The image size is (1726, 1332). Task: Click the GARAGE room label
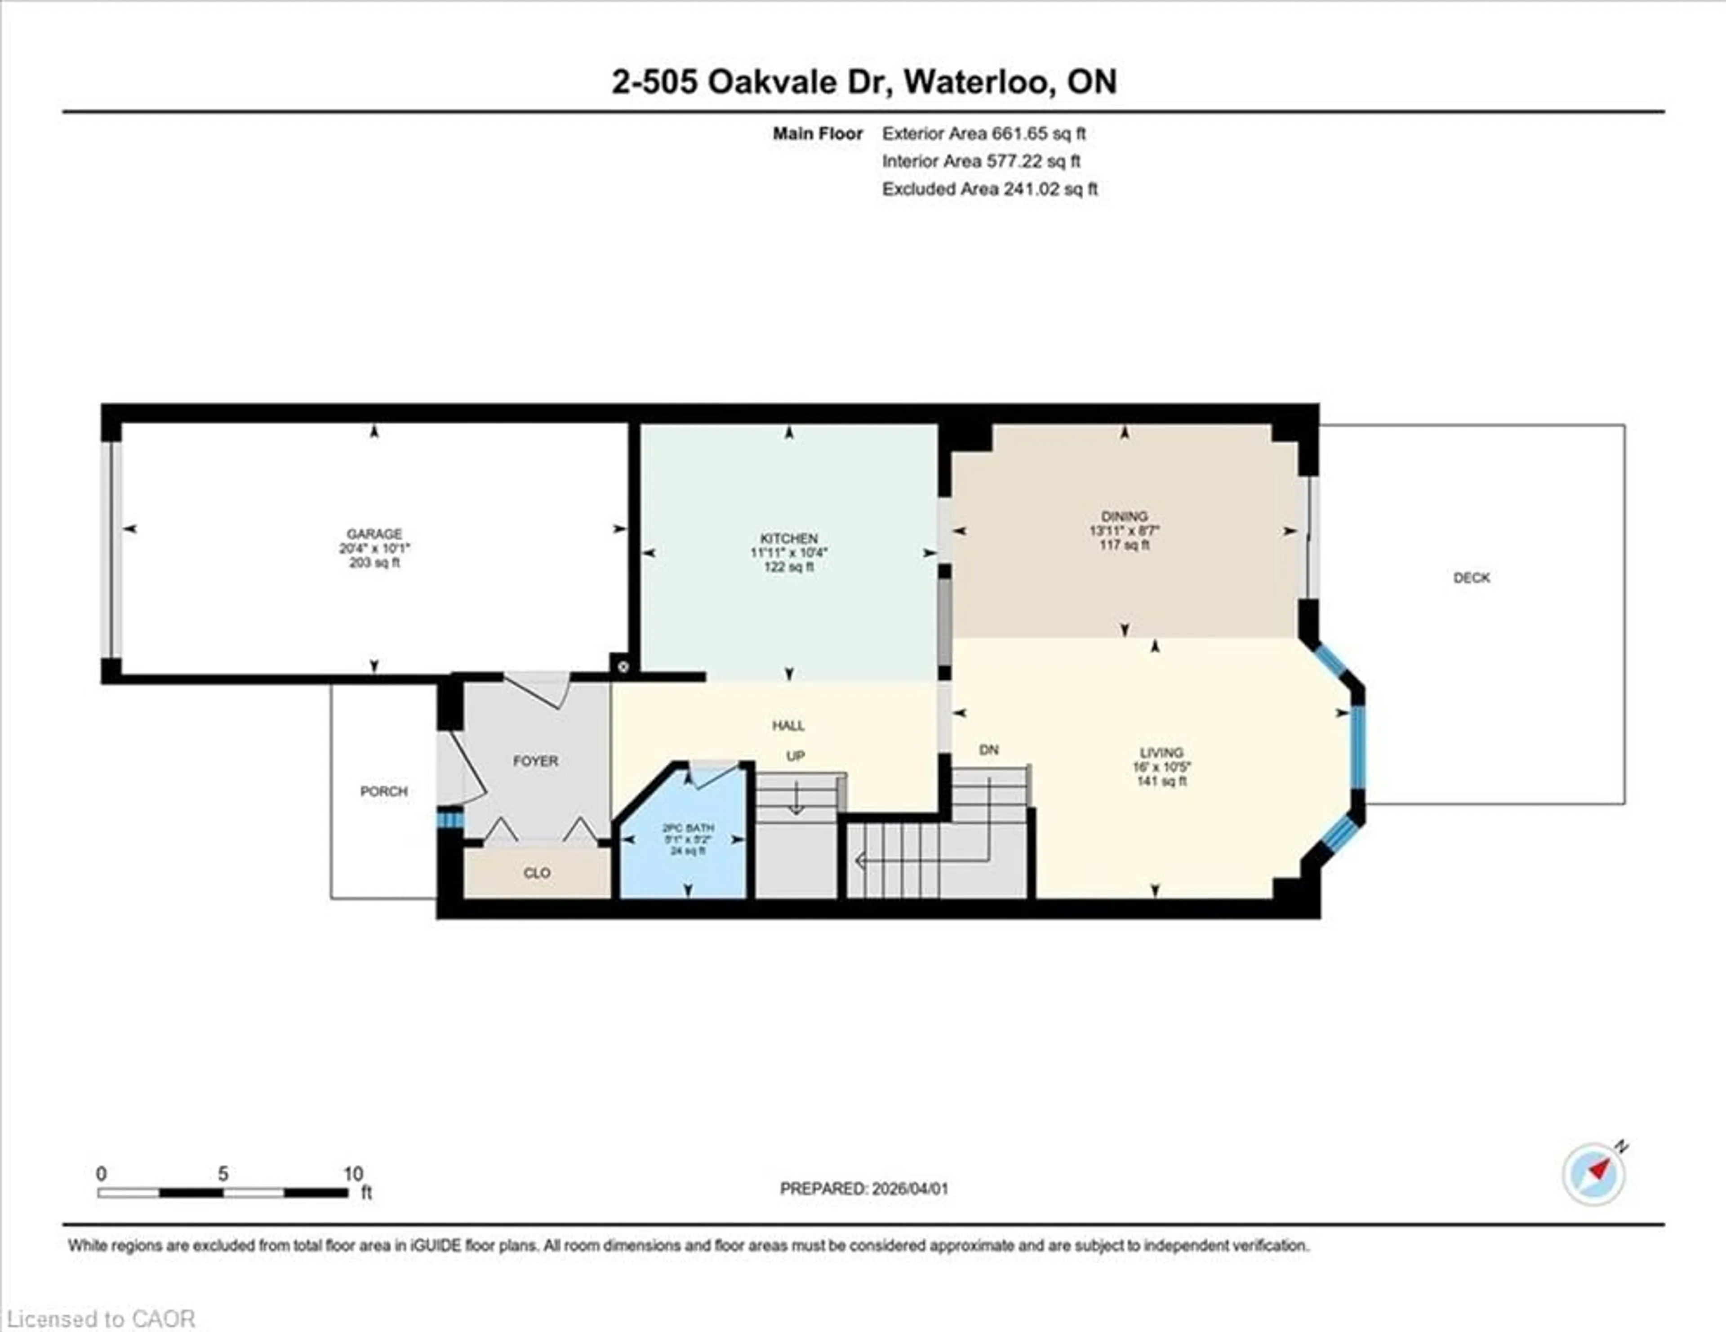(374, 534)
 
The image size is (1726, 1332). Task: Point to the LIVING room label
(1161, 753)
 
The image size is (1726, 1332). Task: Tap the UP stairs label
(795, 756)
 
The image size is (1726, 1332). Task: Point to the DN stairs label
(989, 750)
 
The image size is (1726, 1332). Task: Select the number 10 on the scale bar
(353, 1174)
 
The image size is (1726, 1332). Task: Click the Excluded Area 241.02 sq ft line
(989, 189)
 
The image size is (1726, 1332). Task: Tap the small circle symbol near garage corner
(623, 667)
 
